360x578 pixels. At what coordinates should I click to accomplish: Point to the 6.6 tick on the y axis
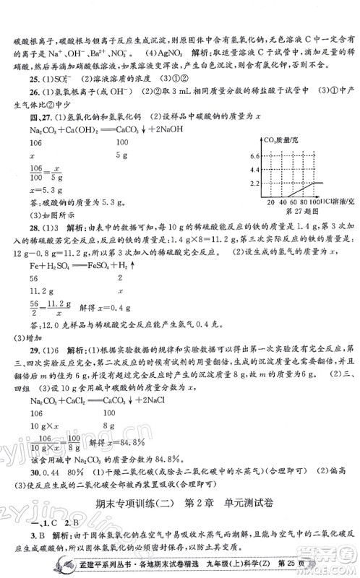click(253, 155)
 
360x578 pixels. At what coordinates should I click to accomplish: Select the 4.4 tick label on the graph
click(253, 168)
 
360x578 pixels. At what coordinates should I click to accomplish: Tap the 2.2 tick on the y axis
click(253, 184)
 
